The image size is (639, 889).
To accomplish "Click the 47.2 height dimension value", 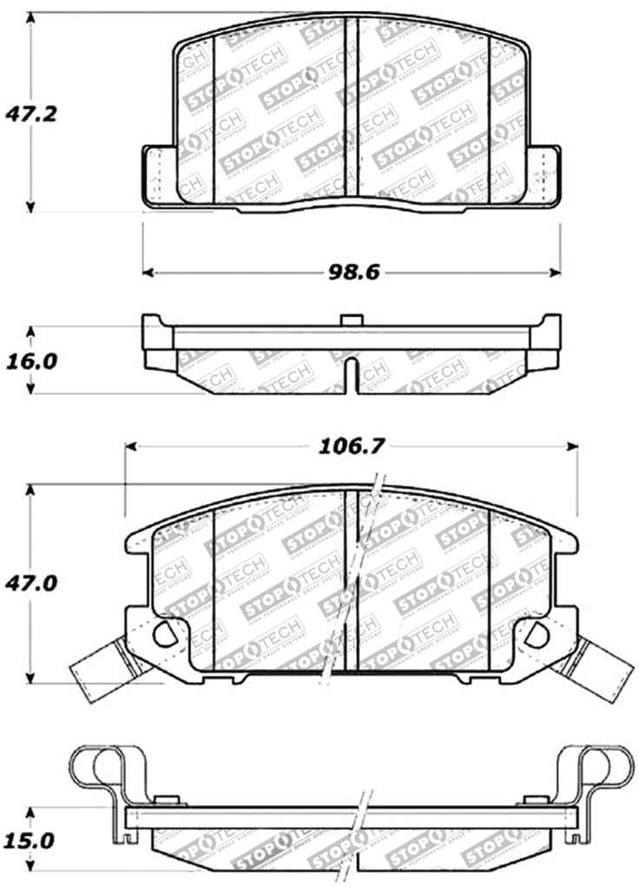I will pyautogui.click(x=31, y=113).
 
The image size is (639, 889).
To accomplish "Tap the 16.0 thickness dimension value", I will pyautogui.click(x=31, y=360).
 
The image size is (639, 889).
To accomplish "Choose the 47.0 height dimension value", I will pyautogui.click(x=31, y=583).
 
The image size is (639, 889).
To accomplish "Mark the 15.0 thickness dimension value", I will pyautogui.click(x=31, y=840).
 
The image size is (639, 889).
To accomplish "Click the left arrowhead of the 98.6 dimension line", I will pyautogui.click(x=148, y=273).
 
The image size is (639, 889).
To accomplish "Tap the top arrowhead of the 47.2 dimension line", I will pyautogui.click(x=31, y=18).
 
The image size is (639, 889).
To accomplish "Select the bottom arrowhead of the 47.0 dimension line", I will pyautogui.click(x=31, y=677).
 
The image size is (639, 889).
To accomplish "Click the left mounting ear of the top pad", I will pyautogui.click(x=159, y=177).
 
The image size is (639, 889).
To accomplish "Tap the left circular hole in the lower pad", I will pyautogui.click(x=163, y=635).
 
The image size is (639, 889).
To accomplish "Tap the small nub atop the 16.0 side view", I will pyautogui.click(x=351, y=320).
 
